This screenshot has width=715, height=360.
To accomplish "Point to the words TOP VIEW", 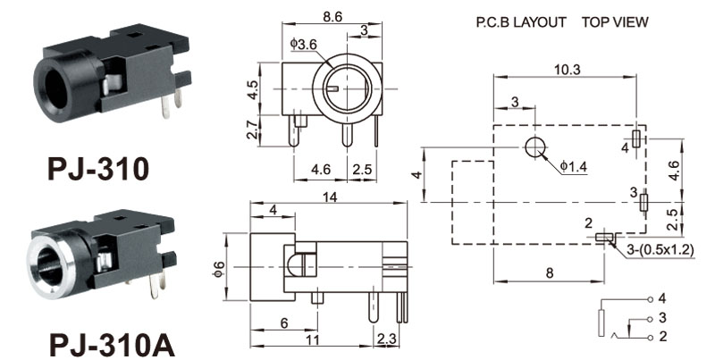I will click(615, 22).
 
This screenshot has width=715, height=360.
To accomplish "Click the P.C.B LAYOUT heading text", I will click(521, 22).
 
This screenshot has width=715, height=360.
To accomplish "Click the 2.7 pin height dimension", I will click(252, 130).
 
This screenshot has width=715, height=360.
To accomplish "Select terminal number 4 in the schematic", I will click(662, 297).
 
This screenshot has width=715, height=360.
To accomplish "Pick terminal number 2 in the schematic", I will click(662, 337).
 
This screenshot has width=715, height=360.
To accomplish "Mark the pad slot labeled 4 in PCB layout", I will click(635, 138).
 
